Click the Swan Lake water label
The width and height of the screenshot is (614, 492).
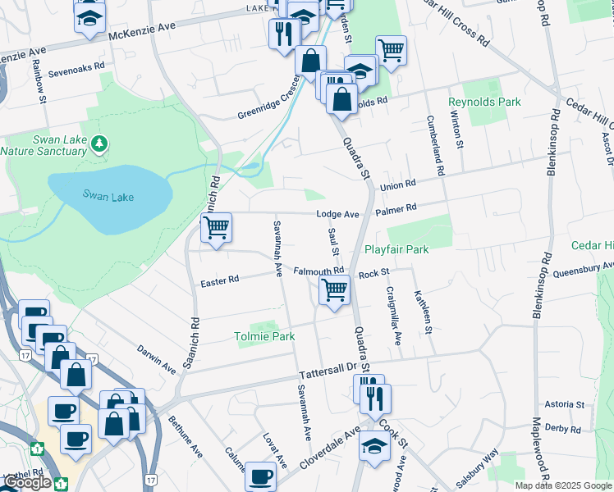tap(108, 196)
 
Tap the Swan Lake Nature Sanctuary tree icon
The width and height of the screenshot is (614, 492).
tap(99, 145)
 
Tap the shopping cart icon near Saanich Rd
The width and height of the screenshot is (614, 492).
tap(217, 227)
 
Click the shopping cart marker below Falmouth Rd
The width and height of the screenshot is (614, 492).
tap(334, 289)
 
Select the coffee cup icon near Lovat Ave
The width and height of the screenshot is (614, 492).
tap(261, 475)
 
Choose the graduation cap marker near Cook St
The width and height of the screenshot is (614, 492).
tap(374, 447)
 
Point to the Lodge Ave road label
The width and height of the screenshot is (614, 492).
tap(339, 214)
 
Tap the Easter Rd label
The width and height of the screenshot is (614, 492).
tap(220, 280)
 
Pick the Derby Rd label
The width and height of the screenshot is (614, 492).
tap(563, 428)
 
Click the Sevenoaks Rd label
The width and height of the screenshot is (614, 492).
tap(76, 65)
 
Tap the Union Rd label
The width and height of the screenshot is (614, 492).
tap(398, 185)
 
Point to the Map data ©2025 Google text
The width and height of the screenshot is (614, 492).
tap(562, 485)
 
